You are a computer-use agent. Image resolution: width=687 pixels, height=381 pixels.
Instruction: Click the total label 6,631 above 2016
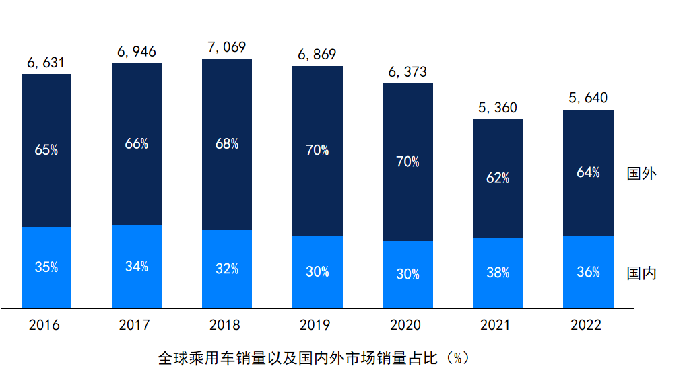coord(46,63)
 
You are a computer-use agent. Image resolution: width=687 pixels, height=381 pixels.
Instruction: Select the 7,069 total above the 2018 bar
coord(227,47)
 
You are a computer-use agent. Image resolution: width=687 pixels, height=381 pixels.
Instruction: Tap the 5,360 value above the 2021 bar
coord(498,108)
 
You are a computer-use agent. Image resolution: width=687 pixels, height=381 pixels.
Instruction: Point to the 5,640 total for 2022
coord(588,98)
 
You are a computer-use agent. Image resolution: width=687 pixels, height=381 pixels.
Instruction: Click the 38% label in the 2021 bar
coord(498,273)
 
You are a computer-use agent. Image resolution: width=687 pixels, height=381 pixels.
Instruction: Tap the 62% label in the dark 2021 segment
coord(498,178)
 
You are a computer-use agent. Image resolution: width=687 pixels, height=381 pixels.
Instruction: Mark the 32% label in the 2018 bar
coord(227,269)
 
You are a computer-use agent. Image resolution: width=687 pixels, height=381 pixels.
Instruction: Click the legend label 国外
coord(641,174)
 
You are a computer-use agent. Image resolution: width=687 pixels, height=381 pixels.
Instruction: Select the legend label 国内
coord(641,273)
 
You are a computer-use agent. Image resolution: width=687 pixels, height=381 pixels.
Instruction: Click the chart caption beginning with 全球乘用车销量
coord(314,357)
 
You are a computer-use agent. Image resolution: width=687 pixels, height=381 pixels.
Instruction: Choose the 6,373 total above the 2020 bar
coord(407,72)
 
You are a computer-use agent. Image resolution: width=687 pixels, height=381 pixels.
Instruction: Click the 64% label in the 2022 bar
coord(588,172)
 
